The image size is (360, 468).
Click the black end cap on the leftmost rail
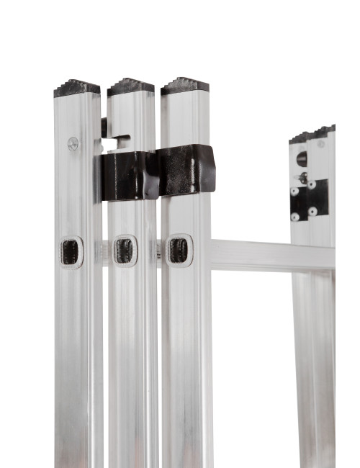pyautogui.click(x=76, y=88)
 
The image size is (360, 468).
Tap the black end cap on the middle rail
pyautogui.click(x=130, y=86)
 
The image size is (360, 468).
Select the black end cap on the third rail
pyautogui.click(x=184, y=85)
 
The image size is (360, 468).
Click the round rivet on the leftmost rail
pyautogui.click(x=73, y=143)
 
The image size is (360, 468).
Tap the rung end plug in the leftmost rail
pyautogui.click(x=71, y=252)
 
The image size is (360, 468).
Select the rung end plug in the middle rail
pyautogui.click(x=125, y=251)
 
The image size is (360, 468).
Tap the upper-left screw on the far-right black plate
pyautogui.click(x=295, y=192)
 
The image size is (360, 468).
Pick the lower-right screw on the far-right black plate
pyautogui.click(x=312, y=211)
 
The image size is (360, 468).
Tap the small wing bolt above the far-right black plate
pyautogui.click(x=304, y=177)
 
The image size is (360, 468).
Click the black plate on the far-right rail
pyautogui.click(x=310, y=199)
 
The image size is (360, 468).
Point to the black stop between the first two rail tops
pyautogui.click(x=104, y=127)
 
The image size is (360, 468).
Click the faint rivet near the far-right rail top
pyautogui.click(x=321, y=144)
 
